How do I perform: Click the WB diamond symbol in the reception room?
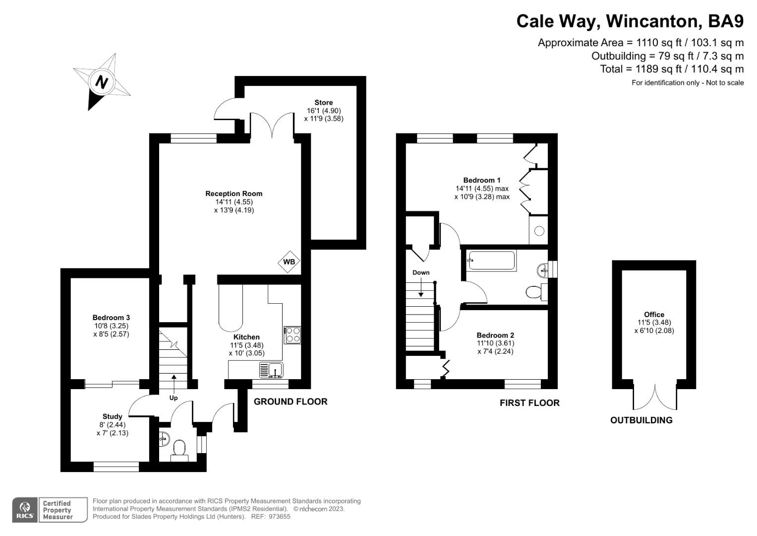tap(289, 262)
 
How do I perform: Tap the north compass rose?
tap(102, 81)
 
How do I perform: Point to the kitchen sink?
tap(271, 370)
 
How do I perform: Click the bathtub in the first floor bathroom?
tap(491, 260)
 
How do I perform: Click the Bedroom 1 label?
tap(482, 180)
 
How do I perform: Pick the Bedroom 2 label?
tap(495, 335)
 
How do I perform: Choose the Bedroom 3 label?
tap(111, 318)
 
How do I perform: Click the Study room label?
tap(113, 416)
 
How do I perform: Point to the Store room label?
tap(324, 103)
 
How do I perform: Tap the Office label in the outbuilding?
tap(654, 314)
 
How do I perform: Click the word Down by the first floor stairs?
tap(421, 272)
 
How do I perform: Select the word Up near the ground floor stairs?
tap(174, 398)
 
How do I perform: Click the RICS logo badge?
tap(25, 510)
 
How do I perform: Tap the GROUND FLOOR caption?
tap(291, 402)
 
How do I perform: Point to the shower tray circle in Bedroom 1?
tap(539, 231)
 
